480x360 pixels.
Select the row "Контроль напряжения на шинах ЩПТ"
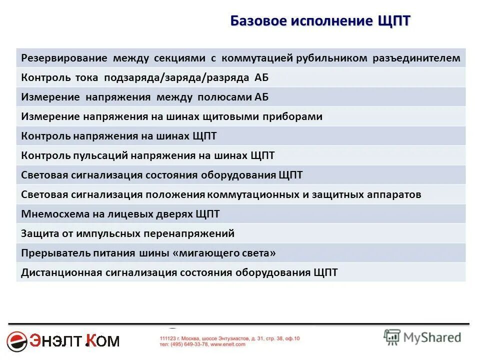click(x=119, y=136)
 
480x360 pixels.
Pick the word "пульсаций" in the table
click(x=104, y=155)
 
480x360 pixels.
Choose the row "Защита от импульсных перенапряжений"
click(x=128, y=233)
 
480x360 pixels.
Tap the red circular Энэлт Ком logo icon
click(x=18, y=341)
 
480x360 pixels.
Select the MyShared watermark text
click(x=432, y=337)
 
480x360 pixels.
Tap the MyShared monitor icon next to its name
click(x=392, y=337)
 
